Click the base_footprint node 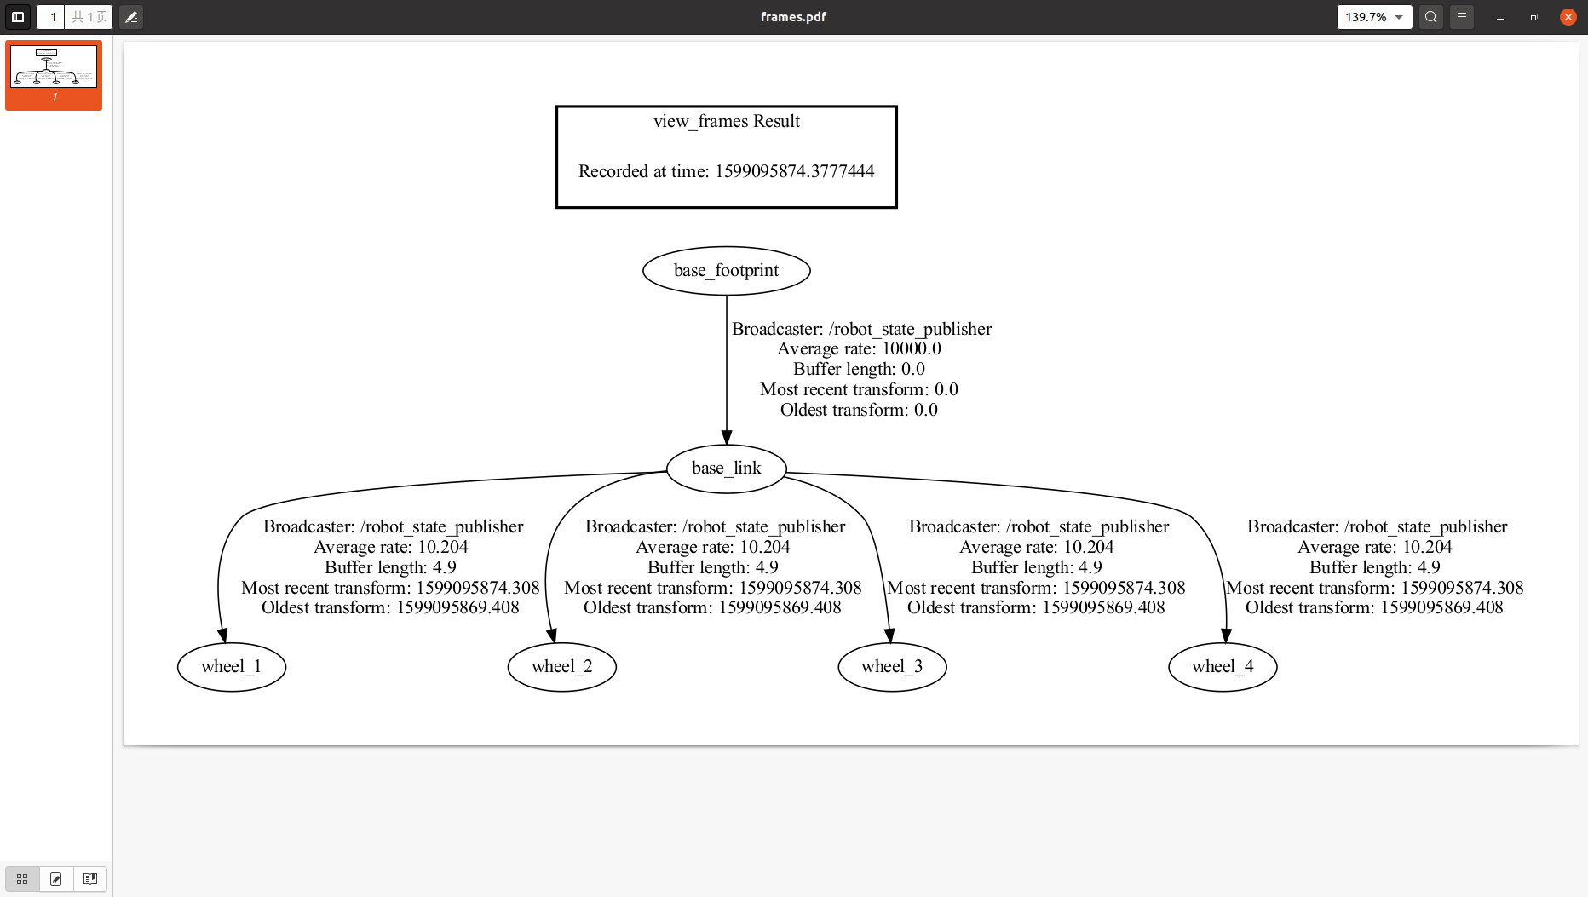click(x=726, y=271)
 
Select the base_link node click(x=726, y=469)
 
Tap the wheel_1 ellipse click(x=231, y=667)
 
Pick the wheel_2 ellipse click(x=561, y=667)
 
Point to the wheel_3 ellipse click(x=892, y=667)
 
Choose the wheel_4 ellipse click(x=1223, y=667)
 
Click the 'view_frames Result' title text click(x=726, y=122)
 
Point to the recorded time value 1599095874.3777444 click(x=794, y=172)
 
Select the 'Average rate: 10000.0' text click(x=859, y=349)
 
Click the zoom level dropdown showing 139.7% click(x=1373, y=17)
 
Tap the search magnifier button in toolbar click(x=1431, y=17)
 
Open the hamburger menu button click(x=1462, y=17)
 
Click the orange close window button click(x=1568, y=17)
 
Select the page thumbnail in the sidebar click(x=54, y=67)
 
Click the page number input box click(x=51, y=17)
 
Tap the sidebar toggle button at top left click(x=17, y=17)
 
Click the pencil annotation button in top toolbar click(x=131, y=17)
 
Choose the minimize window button click(x=1499, y=17)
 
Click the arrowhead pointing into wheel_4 click(x=1226, y=635)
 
